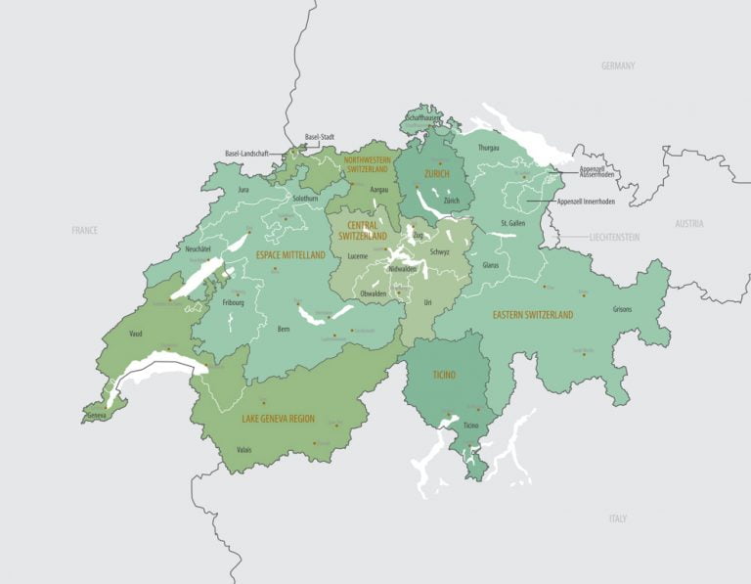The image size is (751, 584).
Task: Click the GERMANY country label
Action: (618, 67)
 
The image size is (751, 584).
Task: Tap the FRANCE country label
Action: (85, 230)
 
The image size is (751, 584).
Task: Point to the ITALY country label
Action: (618, 518)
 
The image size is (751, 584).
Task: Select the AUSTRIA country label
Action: (689, 223)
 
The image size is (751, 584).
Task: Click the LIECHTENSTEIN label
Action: (614, 238)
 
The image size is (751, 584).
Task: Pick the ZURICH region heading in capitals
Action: (436, 173)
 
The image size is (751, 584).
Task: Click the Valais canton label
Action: (244, 450)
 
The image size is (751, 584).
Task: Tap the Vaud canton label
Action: (135, 334)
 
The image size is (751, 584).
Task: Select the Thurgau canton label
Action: (489, 148)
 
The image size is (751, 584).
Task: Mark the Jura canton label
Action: (245, 189)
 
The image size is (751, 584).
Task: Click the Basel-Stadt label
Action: (320, 137)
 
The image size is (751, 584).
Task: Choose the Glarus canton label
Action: (491, 264)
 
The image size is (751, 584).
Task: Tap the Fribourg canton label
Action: (233, 302)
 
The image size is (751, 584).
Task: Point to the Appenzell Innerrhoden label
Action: (586, 202)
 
